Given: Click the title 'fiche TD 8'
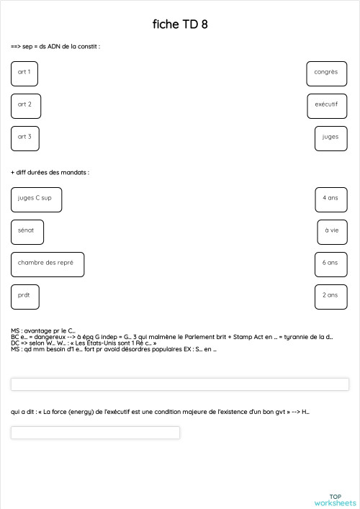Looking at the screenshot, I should click(x=180, y=24).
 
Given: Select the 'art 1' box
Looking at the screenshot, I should click(x=24, y=73).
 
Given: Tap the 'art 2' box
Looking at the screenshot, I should click(x=26, y=106).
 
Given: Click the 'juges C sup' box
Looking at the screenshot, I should click(x=36, y=199).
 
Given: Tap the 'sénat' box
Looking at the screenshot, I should click(x=27, y=232).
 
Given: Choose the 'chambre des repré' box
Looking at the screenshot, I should click(x=48, y=264).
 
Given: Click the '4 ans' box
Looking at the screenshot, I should click(x=330, y=199).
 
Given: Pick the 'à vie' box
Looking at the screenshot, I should click(x=332, y=232).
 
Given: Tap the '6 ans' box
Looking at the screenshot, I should click(x=330, y=264).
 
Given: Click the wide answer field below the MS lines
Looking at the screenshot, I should click(x=180, y=384).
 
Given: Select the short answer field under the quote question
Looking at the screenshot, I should click(x=95, y=433).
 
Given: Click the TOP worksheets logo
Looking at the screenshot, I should click(x=335, y=500).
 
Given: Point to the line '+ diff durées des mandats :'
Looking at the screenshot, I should click(x=50, y=173).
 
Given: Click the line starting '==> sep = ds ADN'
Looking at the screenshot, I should click(x=55, y=46).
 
